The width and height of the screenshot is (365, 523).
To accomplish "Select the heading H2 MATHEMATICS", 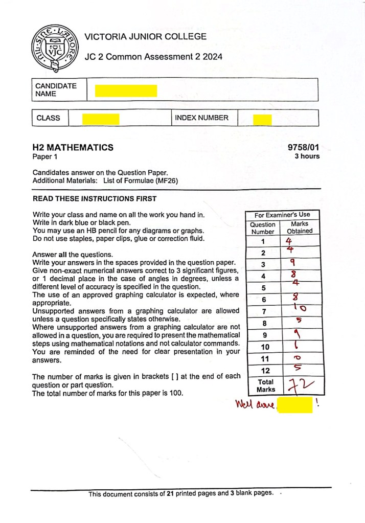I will click(x=73, y=148).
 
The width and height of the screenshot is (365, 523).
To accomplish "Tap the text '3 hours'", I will click(x=307, y=156).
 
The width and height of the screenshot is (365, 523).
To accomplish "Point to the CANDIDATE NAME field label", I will click(x=56, y=90).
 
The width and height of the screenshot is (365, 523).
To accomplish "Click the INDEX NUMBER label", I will click(x=201, y=118).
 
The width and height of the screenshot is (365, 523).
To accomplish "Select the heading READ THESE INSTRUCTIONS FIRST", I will click(x=95, y=199).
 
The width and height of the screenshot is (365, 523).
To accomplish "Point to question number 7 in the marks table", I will click(x=263, y=311).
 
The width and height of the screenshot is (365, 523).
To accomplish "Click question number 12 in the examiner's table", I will click(x=263, y=371).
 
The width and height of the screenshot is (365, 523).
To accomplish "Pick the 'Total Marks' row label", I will click(x=263, y=385).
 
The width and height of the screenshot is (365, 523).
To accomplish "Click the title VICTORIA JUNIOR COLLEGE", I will click(x=146, y=37).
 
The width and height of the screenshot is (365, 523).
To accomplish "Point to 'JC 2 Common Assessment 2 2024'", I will click(x=153, y=57).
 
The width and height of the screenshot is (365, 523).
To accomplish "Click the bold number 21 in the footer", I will click(x=171, y=494).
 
